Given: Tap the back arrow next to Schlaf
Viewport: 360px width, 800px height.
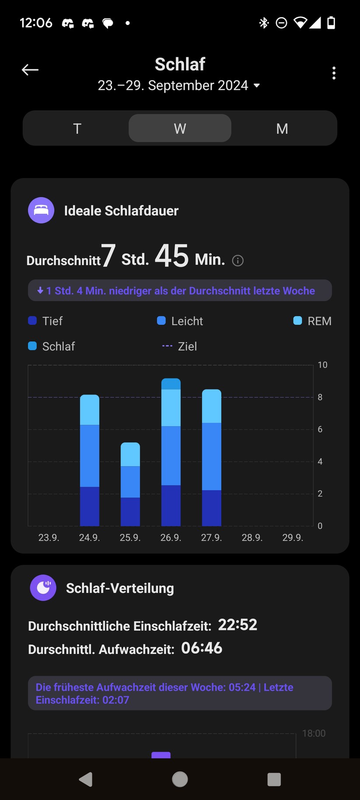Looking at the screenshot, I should [30, 70].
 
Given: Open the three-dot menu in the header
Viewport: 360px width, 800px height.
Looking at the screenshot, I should [334, 73].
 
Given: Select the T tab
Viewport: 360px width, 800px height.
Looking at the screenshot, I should [77, 129].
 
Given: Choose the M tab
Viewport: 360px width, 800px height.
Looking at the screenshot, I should [282, 129].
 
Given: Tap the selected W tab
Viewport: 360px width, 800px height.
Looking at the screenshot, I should [180, 129].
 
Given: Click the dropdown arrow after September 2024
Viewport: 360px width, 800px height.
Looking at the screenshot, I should [257, 86].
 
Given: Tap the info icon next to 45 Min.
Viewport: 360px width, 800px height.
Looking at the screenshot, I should [238, 261].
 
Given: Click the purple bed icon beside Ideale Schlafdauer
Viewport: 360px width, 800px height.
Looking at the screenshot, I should [41, 211].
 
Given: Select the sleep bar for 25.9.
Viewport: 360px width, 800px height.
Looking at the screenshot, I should [130, 484].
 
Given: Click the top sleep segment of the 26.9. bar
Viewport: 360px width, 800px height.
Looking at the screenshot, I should [171, 384].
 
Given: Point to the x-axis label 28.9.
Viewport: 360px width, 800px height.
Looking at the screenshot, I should [252, 537].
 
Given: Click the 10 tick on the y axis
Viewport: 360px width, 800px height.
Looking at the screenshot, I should [322, 365].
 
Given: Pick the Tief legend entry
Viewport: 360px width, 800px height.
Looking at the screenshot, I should [45, 321].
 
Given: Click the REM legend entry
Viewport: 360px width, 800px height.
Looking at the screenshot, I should [312, 321].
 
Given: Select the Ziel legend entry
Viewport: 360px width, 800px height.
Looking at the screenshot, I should [180, 347].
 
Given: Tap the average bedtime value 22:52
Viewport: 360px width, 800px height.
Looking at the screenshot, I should [238, 625].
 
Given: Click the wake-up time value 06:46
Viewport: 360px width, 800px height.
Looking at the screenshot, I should [202, 648].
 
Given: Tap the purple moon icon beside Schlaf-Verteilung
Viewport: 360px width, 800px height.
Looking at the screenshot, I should [43, 588].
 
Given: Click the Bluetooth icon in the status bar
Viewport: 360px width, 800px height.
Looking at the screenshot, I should [264, 23].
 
